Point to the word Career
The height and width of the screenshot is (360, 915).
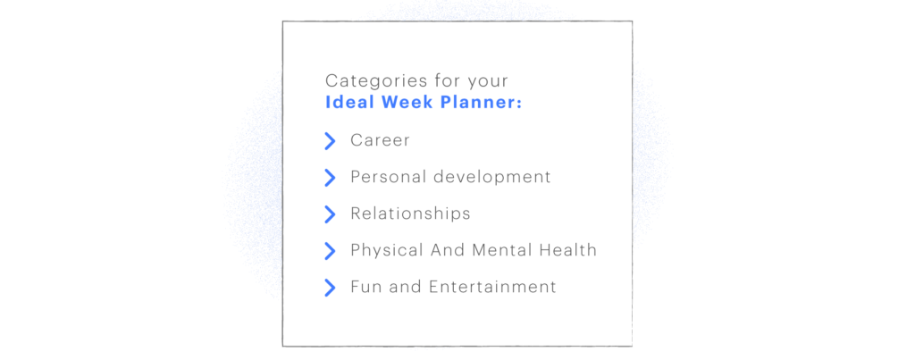(x=380, y=140)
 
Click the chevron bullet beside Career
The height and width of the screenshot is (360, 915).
(x=330, y=140)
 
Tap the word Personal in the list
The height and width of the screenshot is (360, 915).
(x=388, y=177)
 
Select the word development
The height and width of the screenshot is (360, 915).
(x=492, y=177)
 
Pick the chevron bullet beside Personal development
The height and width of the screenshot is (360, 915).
(x=330, y=177)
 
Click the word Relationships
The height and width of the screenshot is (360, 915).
(x=410, y=213)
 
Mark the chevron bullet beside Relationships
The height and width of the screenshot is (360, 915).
(x=330, y=213)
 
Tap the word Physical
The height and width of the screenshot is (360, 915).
(x=385, y=250)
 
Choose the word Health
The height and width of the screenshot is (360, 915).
(x=567, y=250)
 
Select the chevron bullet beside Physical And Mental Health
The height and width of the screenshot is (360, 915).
(x=330, y=250)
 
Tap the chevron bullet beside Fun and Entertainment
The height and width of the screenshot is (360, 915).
(x=330, y=287)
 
